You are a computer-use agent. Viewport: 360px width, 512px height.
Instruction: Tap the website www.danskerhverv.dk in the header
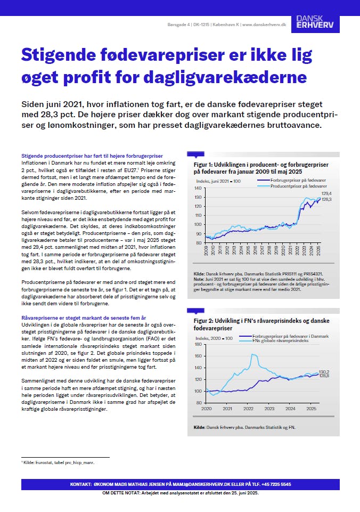click(x=264, y=25)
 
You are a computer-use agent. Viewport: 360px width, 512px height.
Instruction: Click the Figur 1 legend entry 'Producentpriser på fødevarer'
click(x=299, y=187)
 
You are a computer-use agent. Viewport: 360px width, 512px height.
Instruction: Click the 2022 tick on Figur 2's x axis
click(x=248, y=408)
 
